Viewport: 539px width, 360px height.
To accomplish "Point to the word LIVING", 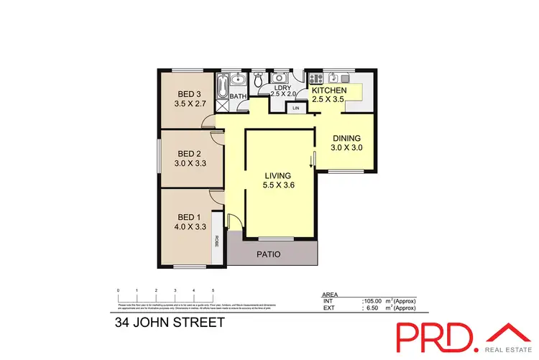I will point(277,175).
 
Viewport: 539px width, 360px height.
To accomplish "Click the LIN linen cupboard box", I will point(295,108).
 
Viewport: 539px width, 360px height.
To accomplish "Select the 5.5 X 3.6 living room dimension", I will point(277,185).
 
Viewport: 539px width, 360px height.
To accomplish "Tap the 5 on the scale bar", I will point(213,290).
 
